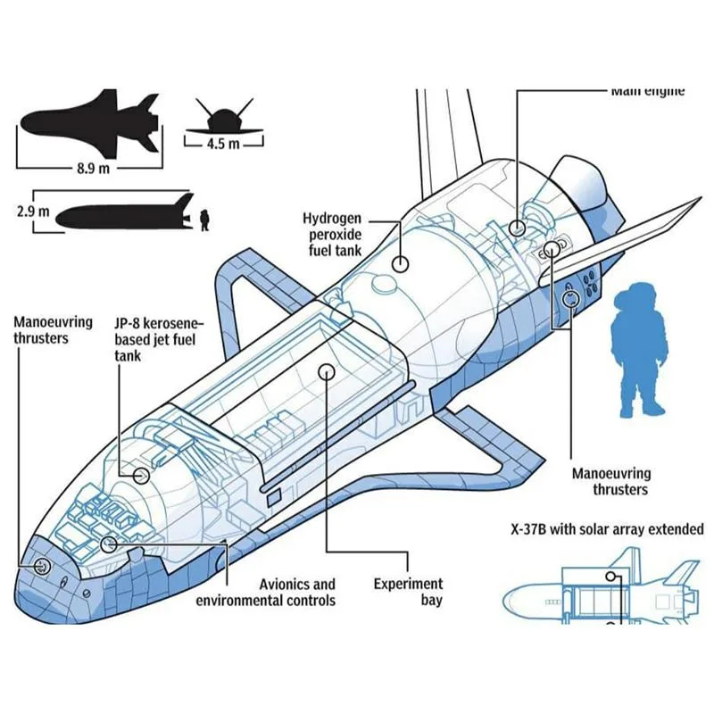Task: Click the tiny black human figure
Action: coord(204,219)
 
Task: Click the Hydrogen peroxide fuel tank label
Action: coord(332,235)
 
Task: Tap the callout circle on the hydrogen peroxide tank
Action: coord(401,263)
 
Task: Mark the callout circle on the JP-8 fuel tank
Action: coord(140,475)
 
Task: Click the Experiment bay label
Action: coord(407,592)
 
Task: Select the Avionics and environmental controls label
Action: coord(266,592)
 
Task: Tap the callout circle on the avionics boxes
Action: coord(109,543)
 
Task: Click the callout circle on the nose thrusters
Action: coord(41,566)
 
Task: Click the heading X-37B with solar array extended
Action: coord(607,529)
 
